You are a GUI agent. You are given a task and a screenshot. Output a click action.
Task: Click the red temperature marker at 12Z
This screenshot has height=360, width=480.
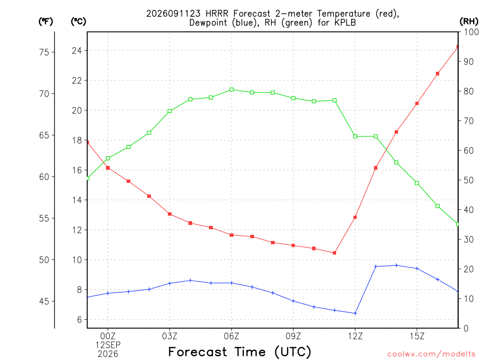(x=355, y=217)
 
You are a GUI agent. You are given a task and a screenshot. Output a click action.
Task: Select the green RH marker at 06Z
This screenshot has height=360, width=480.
(x=232, y=90)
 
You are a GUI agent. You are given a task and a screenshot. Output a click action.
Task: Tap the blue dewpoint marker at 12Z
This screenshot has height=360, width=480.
(x=355, y=313)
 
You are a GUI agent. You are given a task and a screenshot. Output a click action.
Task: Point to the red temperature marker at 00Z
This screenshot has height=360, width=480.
(x=108, y=168)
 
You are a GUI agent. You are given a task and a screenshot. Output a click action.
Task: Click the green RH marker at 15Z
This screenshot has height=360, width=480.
(x=417, y=183)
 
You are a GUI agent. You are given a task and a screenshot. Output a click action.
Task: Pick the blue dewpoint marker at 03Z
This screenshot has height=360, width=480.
(x=170, y=284)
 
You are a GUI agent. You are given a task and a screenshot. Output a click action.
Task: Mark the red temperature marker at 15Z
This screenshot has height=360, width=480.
(x=417, y=104)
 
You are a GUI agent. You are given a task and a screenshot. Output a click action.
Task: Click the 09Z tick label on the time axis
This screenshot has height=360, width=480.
(x=293, y=336)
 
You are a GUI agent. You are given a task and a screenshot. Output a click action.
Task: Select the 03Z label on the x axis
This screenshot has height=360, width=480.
(x=170, y=336)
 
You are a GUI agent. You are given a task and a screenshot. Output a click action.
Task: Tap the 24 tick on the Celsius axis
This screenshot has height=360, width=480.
(x=77, y=51)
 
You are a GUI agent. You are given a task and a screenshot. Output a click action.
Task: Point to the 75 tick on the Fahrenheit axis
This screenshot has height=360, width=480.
(x=44, y=52)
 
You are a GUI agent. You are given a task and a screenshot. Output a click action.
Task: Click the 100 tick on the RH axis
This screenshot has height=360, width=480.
(x=472, y=32)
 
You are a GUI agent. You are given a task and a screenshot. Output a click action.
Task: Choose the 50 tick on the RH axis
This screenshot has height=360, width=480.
(x=468, y=180)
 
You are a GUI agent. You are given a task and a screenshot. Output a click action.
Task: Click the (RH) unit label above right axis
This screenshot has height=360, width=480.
(x=469, y=21)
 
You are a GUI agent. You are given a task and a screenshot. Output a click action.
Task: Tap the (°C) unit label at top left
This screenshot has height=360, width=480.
(x=78, y=21)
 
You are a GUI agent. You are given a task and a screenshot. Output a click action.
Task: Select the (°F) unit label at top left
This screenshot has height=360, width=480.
(x=45, y=21)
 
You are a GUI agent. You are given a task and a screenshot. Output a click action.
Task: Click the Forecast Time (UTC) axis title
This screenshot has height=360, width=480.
(x=240, y=352)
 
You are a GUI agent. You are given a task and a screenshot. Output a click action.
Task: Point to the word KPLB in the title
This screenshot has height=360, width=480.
(x=345, y=22)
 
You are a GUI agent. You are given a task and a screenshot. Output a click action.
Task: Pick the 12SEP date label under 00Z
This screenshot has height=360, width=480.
(x=108, y=345)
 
